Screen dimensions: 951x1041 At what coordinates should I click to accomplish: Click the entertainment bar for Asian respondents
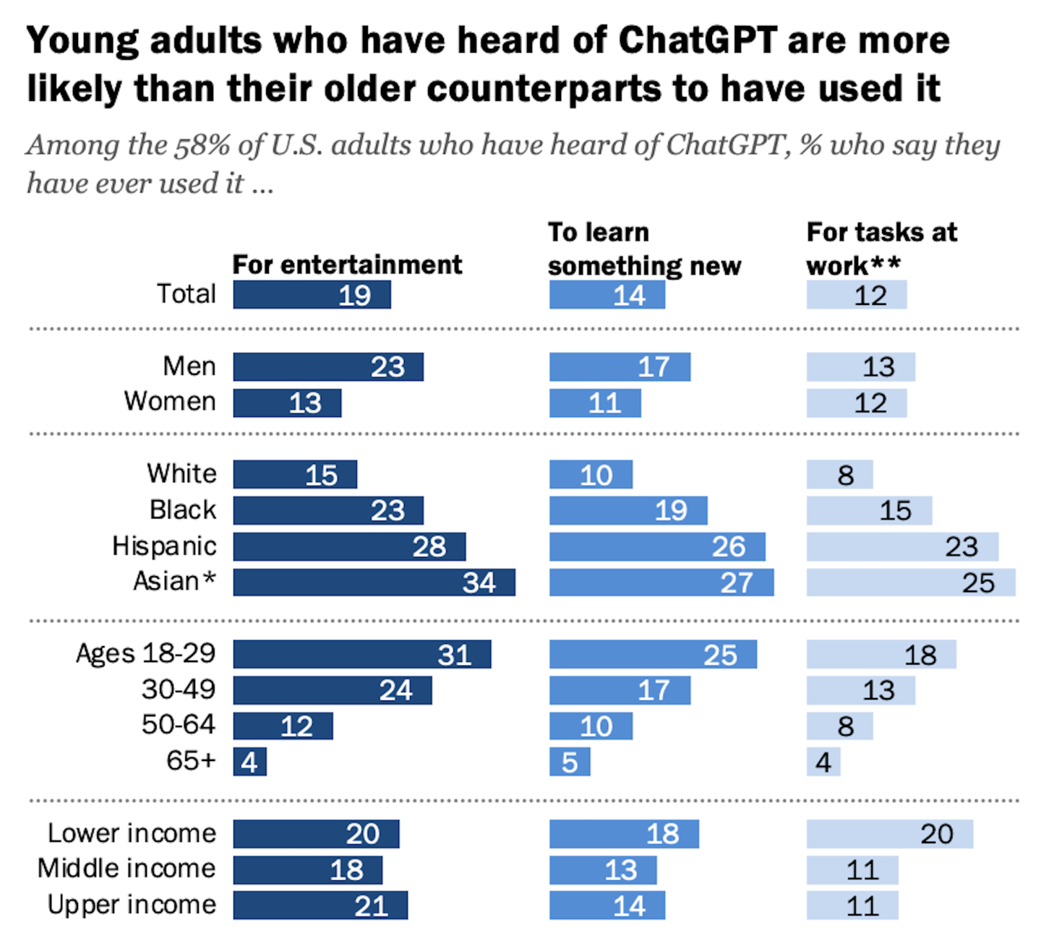click(374, 582)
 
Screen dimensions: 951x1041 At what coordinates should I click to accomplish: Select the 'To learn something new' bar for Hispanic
click(656, 546)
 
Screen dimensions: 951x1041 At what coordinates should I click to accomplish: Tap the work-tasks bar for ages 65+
click(823, 762)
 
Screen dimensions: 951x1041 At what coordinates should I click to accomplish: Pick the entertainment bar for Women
click(287, 403)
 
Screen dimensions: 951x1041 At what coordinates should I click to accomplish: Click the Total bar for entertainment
click(312, 295)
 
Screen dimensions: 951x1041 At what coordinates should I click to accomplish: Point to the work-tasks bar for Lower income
click(889, 834)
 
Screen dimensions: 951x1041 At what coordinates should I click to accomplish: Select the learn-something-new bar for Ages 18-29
click(653, 655)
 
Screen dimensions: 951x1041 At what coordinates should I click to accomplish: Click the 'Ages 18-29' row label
click(146, 653)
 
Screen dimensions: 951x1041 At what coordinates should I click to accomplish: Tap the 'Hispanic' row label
click(164, 546)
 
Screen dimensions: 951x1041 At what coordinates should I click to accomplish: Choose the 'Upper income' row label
click(132, 905)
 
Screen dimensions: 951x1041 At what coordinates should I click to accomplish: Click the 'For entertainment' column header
click(347, 264)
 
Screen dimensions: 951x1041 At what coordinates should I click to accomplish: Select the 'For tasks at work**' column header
click(881, 249)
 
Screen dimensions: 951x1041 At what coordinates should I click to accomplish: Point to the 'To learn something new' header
click(644, 249)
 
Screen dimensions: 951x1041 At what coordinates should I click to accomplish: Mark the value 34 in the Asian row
click(479, 583)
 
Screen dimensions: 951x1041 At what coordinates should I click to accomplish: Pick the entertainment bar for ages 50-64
click(283, 726)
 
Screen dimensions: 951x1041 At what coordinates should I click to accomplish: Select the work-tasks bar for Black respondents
click(869, 510)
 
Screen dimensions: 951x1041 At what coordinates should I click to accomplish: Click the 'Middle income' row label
click(127, 869)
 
